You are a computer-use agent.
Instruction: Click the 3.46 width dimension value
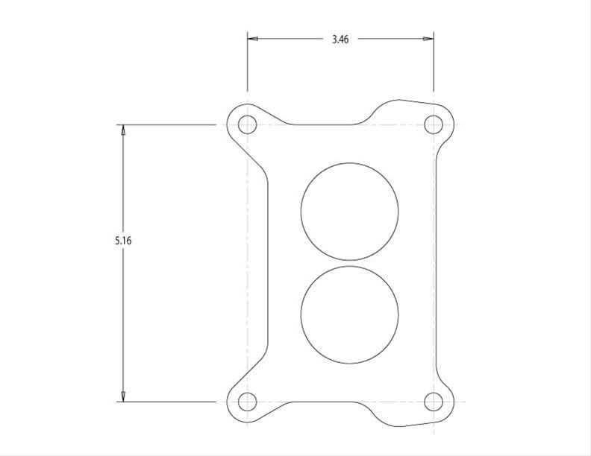point(340,39)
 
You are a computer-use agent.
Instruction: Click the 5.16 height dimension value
point(123,241)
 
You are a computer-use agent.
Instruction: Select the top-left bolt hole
point(247,124)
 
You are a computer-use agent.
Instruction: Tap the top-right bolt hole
point(434,124)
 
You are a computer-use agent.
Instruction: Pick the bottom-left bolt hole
point(247,402)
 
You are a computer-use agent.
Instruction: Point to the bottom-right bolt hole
point(434,402)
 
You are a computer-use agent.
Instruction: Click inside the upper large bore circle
point(349,211)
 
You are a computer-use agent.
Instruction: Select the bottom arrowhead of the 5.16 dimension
point(123,396)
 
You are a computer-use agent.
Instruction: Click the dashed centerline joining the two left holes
point(247,261)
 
